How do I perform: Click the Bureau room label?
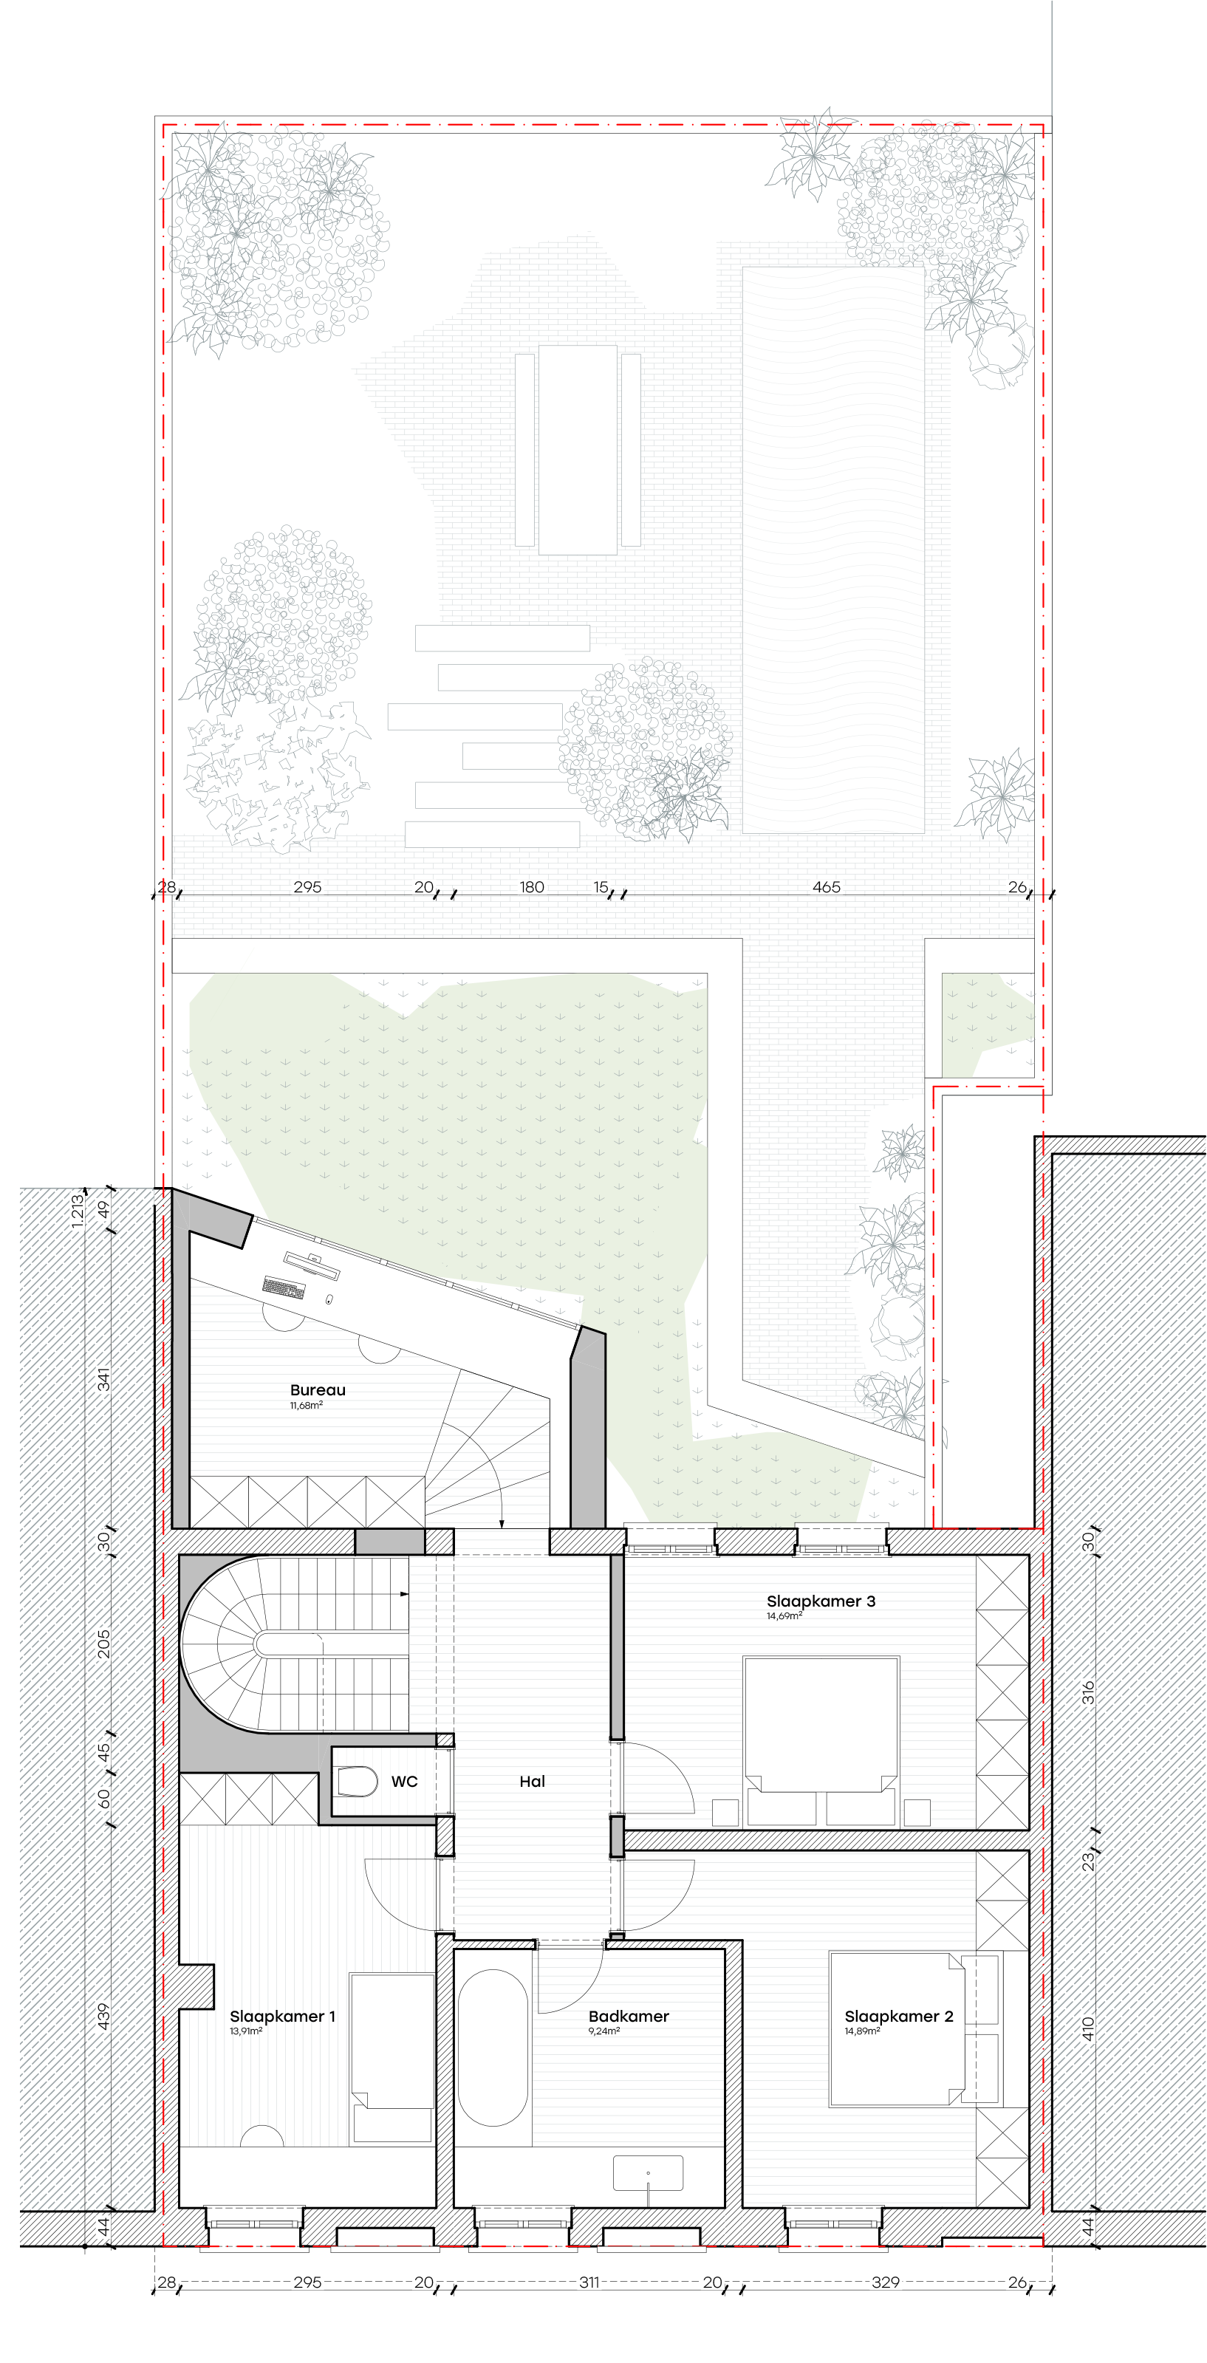[x=318, y=1389]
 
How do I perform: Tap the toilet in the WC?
[x=357, y=1782]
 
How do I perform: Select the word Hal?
[x=532, y=1782]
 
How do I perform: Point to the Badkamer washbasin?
[x=649, y=2173]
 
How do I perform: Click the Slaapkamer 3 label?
[x=821, y=1601]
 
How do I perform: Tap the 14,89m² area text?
[x=862, y=2031]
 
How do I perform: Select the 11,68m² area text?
[x=307, y=1406]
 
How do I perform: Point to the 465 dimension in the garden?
[x=827, y=887]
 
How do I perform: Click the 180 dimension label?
[x=532, y=887]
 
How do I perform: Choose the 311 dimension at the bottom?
[x=589, y=2282]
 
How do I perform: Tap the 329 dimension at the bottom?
[x=885, y=2282]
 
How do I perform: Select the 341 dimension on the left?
[x=103, y=1378]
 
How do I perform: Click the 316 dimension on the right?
[x=1088, y=1692]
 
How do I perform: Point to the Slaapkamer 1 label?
[x=282, y=2017]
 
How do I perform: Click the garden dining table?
[x=578, y=450]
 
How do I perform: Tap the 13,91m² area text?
[x=247, y=2031]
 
